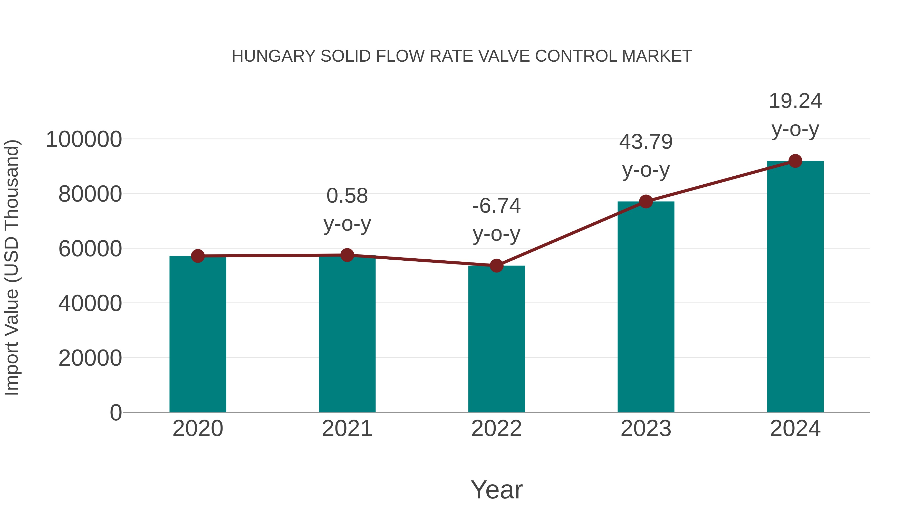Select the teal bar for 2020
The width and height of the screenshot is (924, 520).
coord(198,337)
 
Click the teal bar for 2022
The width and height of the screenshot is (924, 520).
coord(496,341)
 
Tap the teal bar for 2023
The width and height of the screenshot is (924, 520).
coord(646,309)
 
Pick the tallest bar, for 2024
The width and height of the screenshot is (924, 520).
coord(795,287)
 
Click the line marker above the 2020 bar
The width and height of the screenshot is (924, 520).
coord(198,256)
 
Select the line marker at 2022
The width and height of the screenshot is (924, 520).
coord(496,266)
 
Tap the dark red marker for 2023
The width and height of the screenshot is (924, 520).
coord(646,202)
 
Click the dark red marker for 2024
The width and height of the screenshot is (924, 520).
coord(795,161)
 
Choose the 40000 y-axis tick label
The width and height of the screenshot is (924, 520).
coord(90,303)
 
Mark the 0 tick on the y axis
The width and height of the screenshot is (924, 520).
coord(115,412)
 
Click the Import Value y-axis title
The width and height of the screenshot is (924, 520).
coord(12,267)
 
